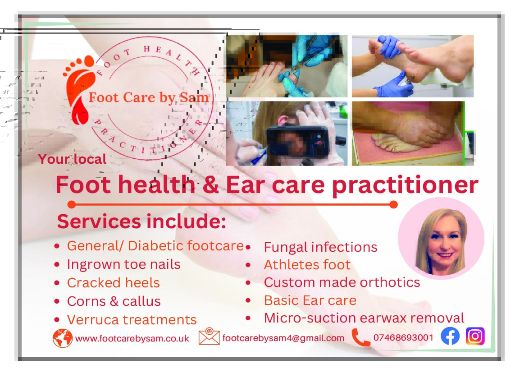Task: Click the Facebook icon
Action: click(x=450, y=336)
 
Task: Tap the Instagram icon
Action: click(x=475, y=336)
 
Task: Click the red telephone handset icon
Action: click(x=360, y=337)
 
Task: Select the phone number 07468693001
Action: click(x=403, y=337)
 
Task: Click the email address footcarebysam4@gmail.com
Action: click(x=283, y=338)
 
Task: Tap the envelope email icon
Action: click(x=209, y=336)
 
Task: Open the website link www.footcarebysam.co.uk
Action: click(x=132, y=339)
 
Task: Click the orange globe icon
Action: click(x=63, y=338)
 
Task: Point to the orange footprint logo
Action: click(x=79, y=89)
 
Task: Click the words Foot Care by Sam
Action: click(x=149, y=97)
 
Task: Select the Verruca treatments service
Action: click(x=132, y=320)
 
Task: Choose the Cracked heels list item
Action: click(x=113, y=283)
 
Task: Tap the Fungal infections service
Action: click(x=320, y=248)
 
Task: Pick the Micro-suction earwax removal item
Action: click(x=364, y=318)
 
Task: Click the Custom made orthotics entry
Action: click(x=342, y=282)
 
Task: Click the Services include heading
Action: click(x=141, y=221)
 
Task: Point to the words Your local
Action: click(x=72, y=159)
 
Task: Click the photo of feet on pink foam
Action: click(x=408, y=133)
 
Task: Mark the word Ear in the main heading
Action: click(x=245, y=185)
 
